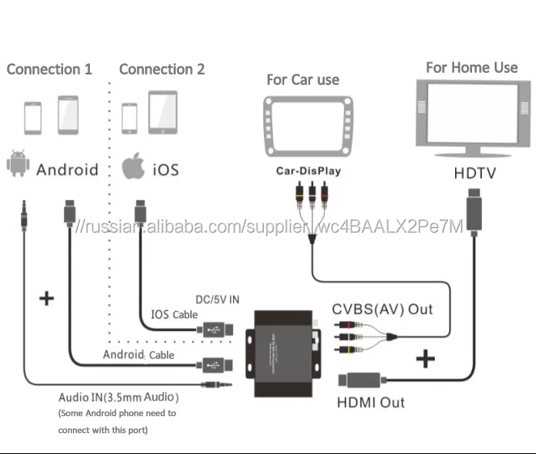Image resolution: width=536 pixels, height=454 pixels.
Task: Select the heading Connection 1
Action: [x=49, y=70]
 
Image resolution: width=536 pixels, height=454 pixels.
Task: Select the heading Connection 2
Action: [x=162, y=70]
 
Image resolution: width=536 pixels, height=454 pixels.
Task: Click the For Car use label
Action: [x=303, y=79]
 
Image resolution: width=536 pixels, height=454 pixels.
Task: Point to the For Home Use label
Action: [x=472, y=67]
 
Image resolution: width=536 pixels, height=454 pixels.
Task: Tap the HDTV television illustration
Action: [x=472, y=121]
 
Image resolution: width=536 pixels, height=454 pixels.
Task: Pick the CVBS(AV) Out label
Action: [x=382, y=309]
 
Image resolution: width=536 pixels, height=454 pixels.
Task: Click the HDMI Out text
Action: [x=370, y=401]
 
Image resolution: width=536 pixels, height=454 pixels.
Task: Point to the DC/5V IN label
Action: [x=218, y=299]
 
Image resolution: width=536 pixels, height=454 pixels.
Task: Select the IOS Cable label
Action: [x=174, y=314]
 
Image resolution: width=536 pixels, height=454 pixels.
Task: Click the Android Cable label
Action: [x=138, y=354]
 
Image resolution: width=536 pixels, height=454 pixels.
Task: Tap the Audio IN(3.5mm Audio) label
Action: [x=118, y=397]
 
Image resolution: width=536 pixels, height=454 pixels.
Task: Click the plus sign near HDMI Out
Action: [x=424, y=358]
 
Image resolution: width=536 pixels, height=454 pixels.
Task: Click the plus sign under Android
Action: [x=47, y=298]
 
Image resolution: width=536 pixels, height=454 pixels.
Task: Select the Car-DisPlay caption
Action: [x=308, y=172]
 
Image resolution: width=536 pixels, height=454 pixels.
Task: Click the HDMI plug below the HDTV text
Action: [x=474, y=205]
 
